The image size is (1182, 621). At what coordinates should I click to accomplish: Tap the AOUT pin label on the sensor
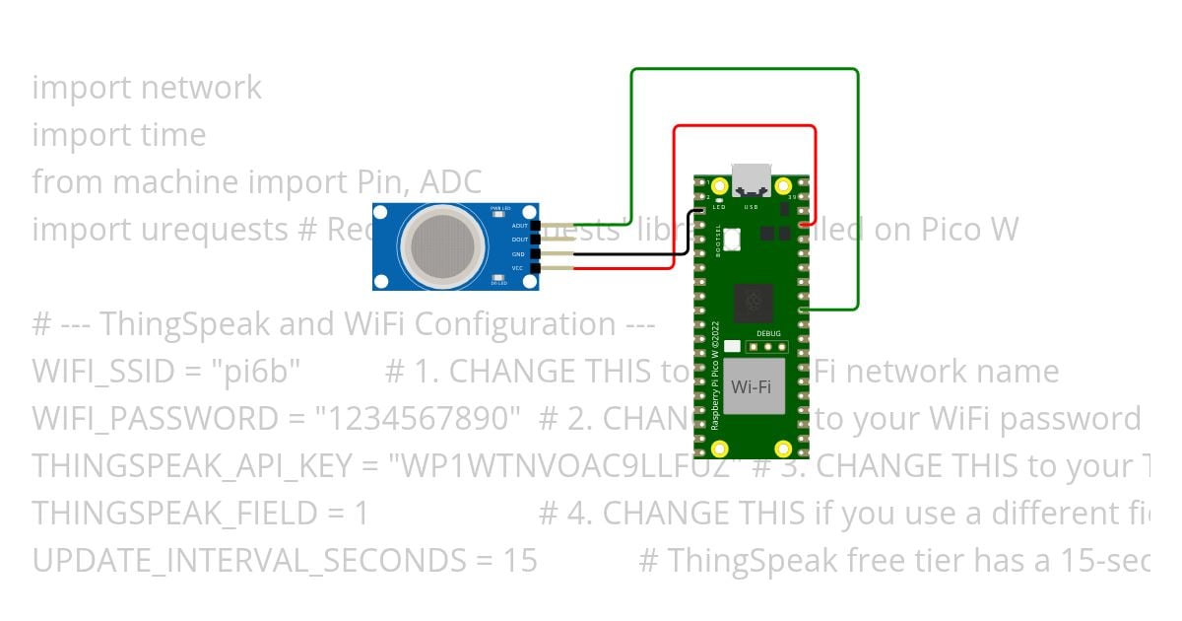(x=519, y=226)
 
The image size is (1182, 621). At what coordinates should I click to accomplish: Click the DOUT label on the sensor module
(x=519, y=240)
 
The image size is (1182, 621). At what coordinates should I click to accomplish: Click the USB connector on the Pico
(x=752, y=178)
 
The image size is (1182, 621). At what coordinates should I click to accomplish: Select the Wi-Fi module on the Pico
(x=752, y=385)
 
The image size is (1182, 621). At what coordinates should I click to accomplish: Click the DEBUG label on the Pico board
(x=769, y=334)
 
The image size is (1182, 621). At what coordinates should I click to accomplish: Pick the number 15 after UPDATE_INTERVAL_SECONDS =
(x=520, y=561)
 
